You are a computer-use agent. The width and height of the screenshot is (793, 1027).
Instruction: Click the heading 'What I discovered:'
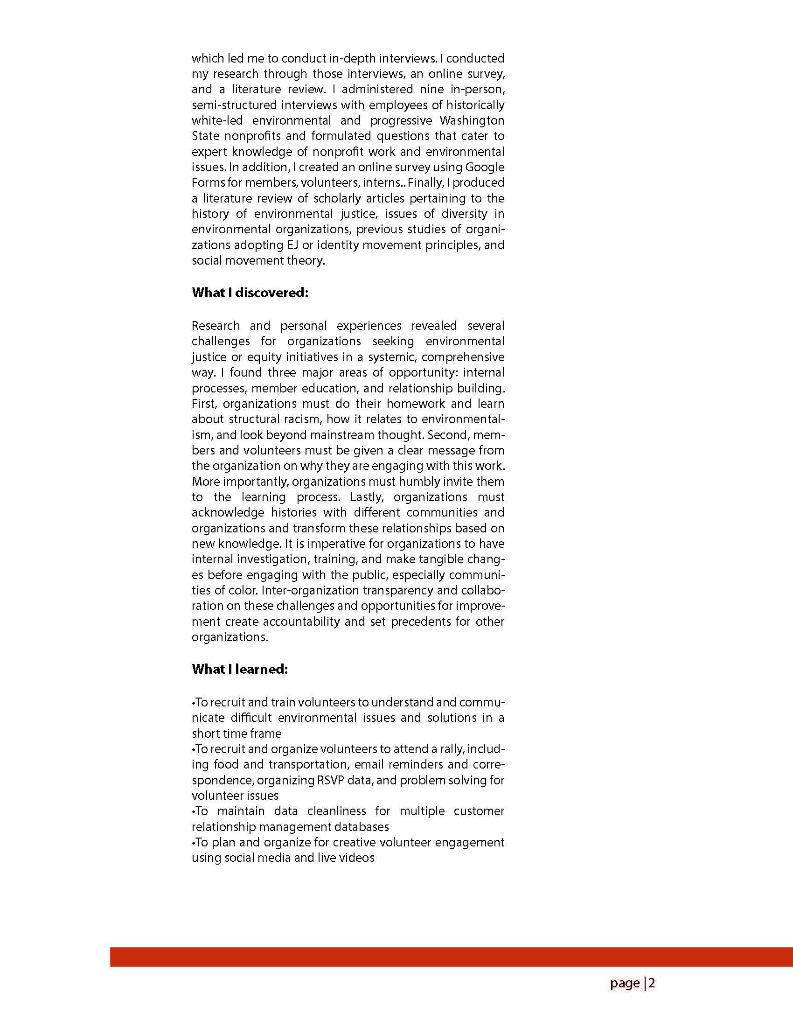[x=250, y=293]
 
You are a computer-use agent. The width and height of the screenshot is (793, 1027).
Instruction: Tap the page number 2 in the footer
[x=652, y=983]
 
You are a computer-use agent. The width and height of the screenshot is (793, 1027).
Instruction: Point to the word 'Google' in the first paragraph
[x=485, y=167]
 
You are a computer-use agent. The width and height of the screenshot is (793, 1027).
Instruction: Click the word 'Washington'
[x=472, y=120]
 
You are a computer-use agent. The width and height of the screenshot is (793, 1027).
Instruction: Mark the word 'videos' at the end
[x=359, y=858]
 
